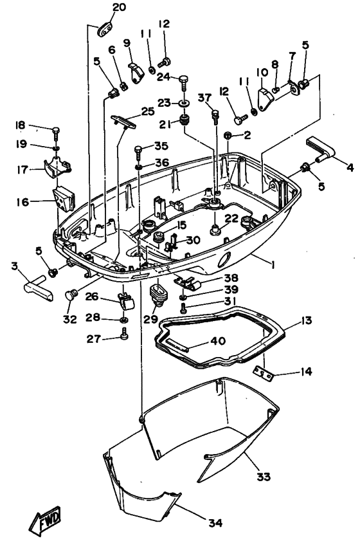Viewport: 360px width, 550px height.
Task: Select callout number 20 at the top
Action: click(120, 8)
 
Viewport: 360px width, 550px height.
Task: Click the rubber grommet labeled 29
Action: click(157, 297)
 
